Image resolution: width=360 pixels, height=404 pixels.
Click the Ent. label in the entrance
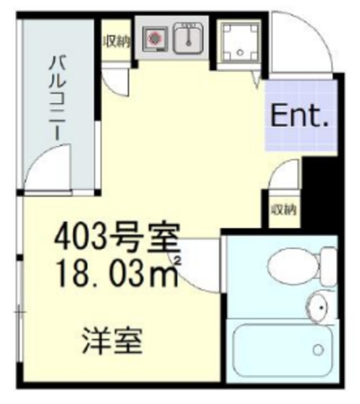pos(299,115)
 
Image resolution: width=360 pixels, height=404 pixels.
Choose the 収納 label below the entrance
pos(285,209)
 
